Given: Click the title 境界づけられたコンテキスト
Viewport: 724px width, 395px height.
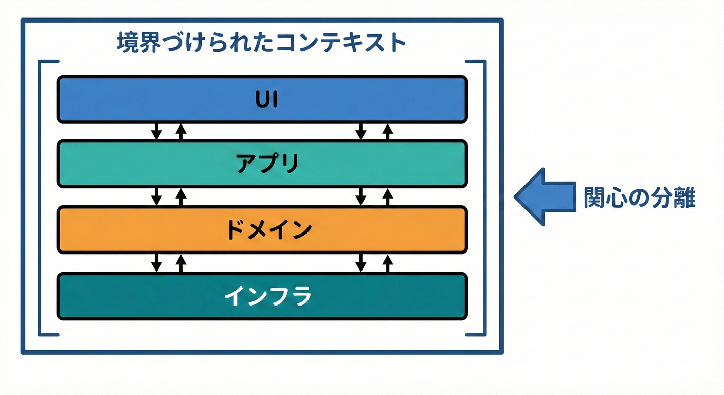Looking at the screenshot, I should [261, 42].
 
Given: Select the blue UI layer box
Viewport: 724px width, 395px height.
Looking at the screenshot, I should [154, 99].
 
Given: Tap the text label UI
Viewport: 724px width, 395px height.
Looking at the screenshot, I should [266, 100].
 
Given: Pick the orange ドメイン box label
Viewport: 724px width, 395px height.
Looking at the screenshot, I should [269, 229].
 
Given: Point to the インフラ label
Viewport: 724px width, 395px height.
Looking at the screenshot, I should [268, 296].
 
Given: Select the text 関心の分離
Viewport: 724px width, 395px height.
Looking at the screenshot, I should [639, 198].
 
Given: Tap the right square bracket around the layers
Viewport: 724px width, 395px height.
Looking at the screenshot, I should [483, 198].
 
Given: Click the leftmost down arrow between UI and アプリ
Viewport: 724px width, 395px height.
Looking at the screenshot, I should [157, 132].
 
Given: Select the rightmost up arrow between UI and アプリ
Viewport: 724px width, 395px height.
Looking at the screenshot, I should [388, 132].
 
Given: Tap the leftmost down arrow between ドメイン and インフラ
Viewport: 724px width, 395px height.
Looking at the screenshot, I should [157, 263].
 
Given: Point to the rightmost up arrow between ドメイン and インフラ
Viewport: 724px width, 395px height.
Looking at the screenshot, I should [388, 263].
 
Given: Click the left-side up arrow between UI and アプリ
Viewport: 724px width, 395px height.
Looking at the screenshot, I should [180, 132].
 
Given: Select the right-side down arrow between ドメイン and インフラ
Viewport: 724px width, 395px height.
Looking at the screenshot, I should [361, 263].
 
